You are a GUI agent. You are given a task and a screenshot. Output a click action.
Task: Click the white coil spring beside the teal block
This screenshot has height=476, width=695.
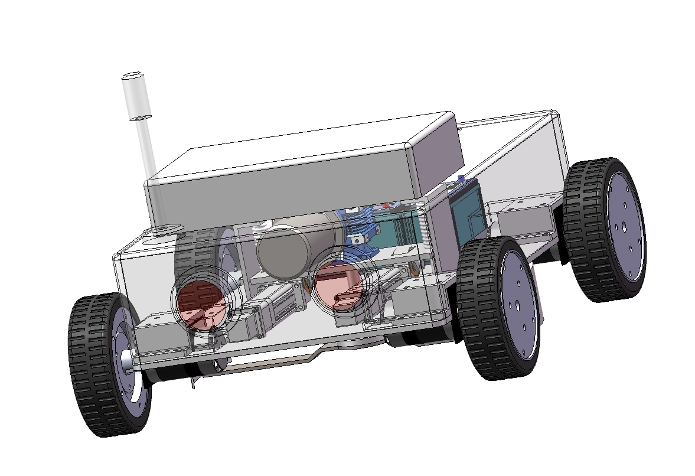click(423, 224)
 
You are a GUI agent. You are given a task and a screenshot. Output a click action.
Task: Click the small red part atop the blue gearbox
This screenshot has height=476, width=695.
click(387, 206)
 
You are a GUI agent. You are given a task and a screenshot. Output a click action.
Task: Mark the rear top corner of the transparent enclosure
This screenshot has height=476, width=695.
click(552, 112)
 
